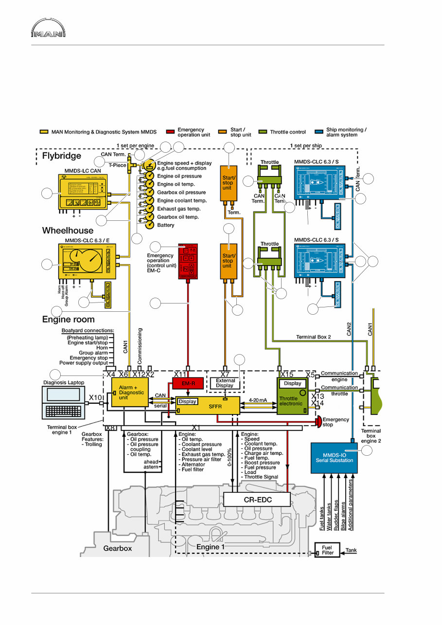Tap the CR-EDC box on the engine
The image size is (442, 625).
point(256,499)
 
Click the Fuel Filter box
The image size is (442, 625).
point(328,550)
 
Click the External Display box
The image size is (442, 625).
point(225,383)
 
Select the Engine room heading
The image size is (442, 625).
point(68,320)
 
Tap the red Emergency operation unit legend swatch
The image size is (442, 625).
point(170,132)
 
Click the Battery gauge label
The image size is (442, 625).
point(165,225)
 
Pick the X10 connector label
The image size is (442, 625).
point(95,397)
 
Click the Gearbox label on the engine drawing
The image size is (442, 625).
point(117,548)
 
